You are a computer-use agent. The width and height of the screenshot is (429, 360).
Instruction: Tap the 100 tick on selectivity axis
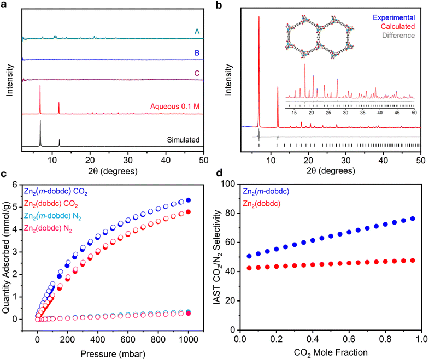(232, 183)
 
